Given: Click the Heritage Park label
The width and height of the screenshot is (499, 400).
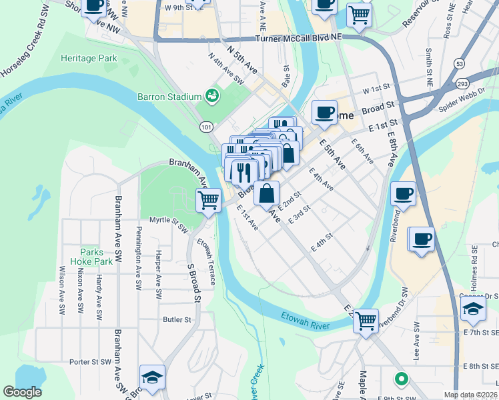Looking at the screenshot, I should (89, 59).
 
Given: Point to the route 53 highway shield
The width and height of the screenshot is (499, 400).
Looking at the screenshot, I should (460, 63).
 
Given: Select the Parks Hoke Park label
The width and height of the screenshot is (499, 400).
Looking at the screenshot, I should (91, 257).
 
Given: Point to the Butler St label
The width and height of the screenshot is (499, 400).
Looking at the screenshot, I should (177, 320).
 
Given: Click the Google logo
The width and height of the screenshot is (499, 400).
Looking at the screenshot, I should (22, 392).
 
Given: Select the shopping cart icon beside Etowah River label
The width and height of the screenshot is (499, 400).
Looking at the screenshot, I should (366, 321).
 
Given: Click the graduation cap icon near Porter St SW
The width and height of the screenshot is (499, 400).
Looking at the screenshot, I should (151, 377).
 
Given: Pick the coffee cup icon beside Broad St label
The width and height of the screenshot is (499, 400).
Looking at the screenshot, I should (324, 112).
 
